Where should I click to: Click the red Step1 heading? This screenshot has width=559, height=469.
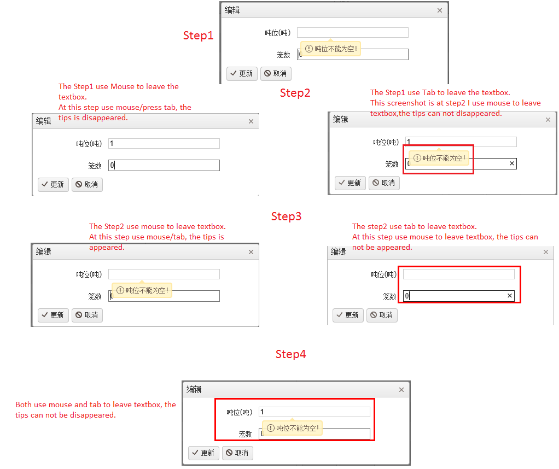tap(198, 36)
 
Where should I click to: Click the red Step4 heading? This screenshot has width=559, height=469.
tap(290, 354)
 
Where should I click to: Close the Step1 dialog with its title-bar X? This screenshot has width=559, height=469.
tap(440, 10)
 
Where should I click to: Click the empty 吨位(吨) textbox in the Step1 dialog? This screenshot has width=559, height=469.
tap(353, 32)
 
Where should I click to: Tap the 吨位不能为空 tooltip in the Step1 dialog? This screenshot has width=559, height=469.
tap(331, 49)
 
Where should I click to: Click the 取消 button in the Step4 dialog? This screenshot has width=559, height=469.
tap(237, 453)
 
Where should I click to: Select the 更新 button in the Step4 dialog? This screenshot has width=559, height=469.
tap(203, 453)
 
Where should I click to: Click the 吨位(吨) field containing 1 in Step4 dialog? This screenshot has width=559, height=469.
tap(315, 412)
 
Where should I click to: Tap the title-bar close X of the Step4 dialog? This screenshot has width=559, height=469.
tap(401, 390)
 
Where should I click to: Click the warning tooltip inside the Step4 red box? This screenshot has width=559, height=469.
tap(292, 428)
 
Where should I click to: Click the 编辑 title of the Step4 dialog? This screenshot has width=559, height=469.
tap(194, 390)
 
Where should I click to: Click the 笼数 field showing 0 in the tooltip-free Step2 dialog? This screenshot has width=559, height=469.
tap(164, 165)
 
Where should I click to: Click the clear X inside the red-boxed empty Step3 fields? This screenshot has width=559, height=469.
tap(510, 295)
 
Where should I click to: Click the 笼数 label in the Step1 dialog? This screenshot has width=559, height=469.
tap(284, 55)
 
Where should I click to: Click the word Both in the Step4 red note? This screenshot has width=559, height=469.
tap(24, 404)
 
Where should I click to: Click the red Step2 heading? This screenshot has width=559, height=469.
tap(295, 93)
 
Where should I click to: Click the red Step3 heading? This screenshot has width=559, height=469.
tap(286, 216)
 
